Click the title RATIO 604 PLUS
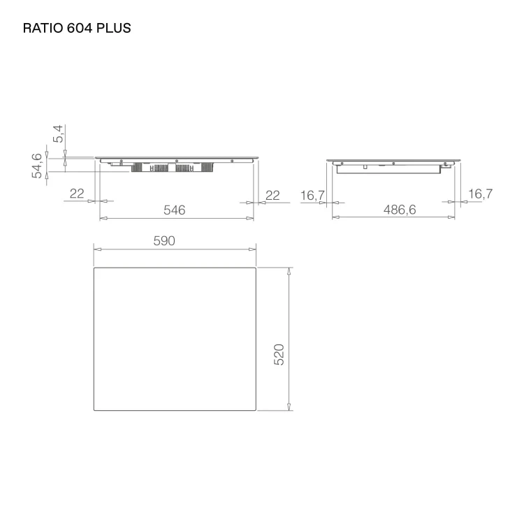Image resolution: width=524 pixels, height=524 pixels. pos(77,28)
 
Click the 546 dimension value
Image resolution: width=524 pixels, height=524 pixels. pos(174,210)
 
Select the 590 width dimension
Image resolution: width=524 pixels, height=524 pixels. pos(164,240)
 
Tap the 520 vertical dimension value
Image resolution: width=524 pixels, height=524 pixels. pos(279,354)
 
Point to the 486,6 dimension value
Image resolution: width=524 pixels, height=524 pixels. pos(400,210)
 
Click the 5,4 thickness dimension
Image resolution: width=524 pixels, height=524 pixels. pos(58,133)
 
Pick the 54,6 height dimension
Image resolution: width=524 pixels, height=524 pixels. pos(37,166)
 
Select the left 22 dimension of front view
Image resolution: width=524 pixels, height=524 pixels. pos(77,193)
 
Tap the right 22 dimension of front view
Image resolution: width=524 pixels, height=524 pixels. pos(272,195)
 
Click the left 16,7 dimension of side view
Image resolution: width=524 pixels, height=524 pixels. pos(312,196)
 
